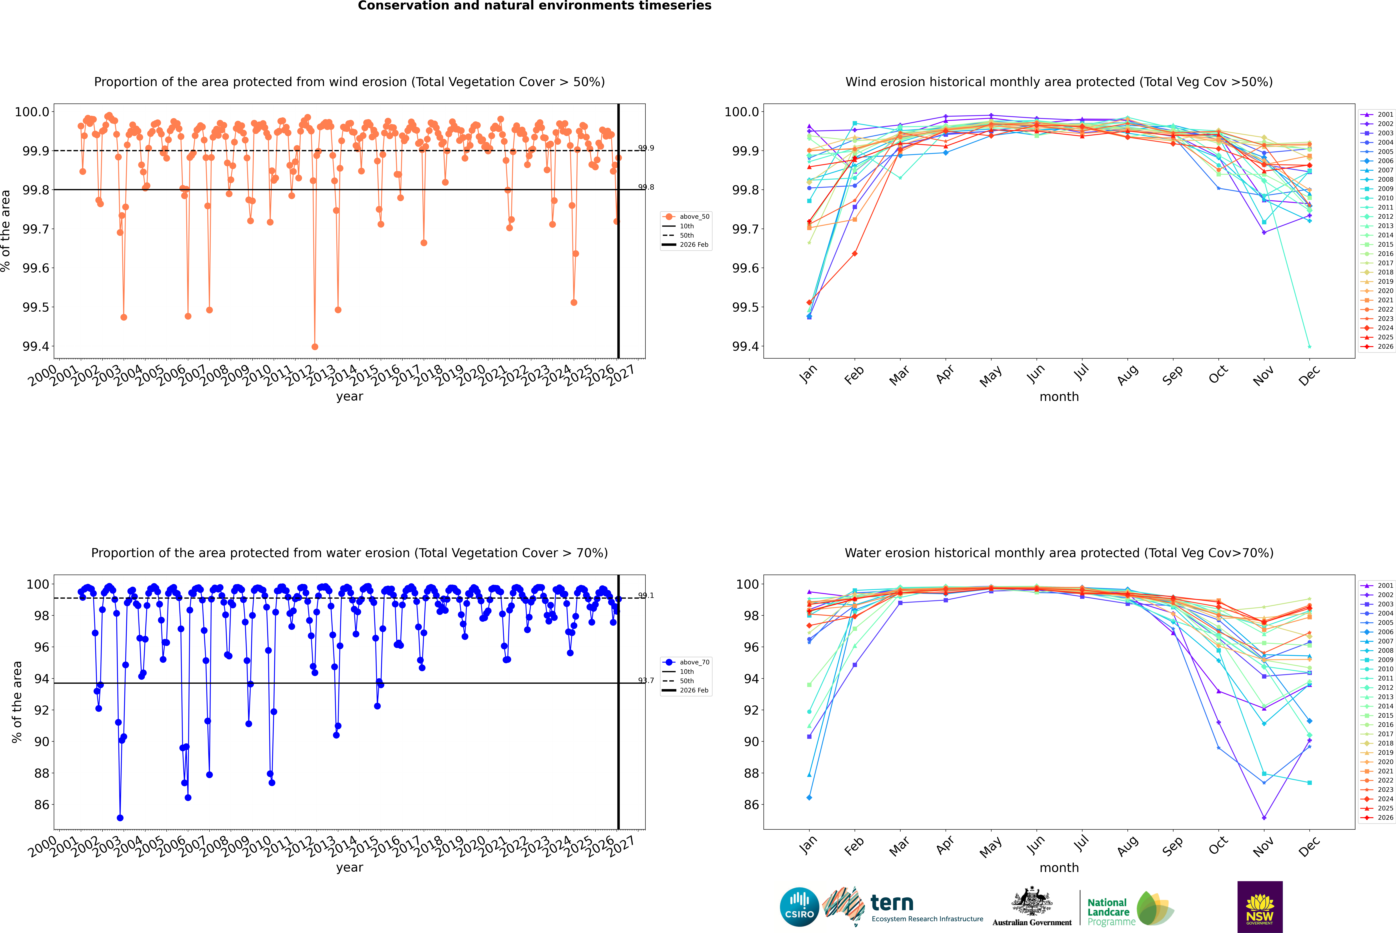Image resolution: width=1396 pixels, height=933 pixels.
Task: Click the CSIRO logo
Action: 799,907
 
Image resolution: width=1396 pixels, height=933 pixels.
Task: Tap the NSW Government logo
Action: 1260,907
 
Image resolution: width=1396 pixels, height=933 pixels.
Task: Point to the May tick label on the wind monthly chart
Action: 990,376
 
